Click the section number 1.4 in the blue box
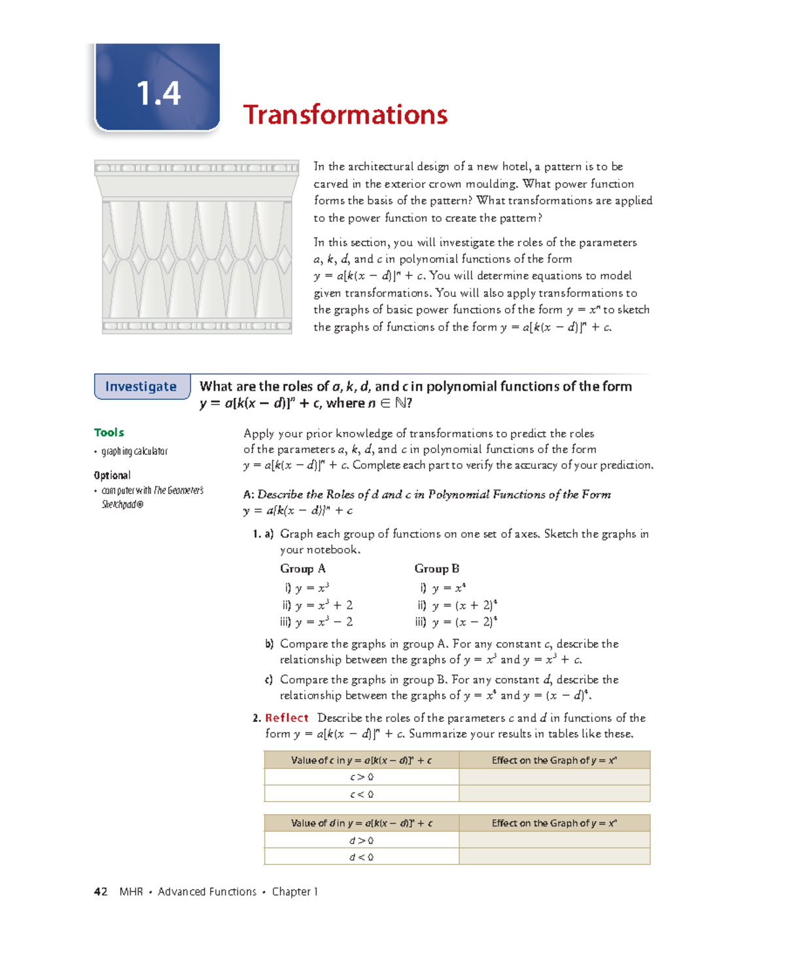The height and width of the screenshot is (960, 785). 158,93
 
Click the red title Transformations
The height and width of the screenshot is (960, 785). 345,115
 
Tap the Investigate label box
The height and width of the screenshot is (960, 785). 142,387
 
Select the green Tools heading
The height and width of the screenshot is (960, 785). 109,433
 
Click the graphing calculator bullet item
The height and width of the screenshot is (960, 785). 134,452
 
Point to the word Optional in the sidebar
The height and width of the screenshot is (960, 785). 112,475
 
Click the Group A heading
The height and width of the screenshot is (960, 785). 302,569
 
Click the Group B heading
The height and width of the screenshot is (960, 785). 436,569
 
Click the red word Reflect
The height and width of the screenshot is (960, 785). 287,718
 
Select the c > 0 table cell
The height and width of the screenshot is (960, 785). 361,777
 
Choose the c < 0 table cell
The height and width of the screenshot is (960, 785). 361,794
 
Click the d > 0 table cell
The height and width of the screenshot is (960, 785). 361,841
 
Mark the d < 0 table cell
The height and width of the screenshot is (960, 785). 361,857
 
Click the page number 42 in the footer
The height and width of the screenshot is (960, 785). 101,891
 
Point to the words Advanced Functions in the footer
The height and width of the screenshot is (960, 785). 207,891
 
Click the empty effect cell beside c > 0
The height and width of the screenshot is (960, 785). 554,777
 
